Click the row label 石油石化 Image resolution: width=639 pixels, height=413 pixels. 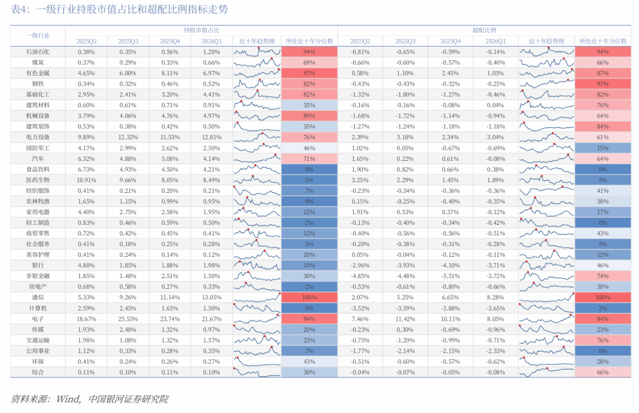(x=37, y=51)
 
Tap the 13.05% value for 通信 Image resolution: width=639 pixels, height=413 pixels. (x=211, y=298)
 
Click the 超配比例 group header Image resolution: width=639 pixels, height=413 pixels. (x=484, y=30)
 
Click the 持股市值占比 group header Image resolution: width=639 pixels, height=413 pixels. (x=201, y=30)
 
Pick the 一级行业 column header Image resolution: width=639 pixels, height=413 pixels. (x=37, y=36)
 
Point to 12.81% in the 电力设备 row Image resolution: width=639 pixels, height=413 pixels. (x=211, y=137)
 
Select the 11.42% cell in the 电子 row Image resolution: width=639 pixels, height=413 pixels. (x=405, y=319)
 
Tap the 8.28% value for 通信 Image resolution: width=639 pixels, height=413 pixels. (x=496, y=298)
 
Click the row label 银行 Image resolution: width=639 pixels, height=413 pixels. (x=37, y=266)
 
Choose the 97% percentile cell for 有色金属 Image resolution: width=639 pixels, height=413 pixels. (x=309, y=73)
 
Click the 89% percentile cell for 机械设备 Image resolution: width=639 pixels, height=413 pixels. (x=309, y=116)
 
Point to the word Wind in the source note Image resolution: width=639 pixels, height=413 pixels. (x=67, y=399)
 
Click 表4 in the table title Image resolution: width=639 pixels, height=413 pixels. (x=20, y=9)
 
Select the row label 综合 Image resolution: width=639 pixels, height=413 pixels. (x=37, y=372)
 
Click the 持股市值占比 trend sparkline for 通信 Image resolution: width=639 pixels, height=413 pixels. (x=257, y=298)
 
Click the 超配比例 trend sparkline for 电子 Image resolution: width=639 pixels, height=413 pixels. (x=547, y=319)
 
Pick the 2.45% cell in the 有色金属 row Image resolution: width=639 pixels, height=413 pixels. (x=450, y=73)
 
